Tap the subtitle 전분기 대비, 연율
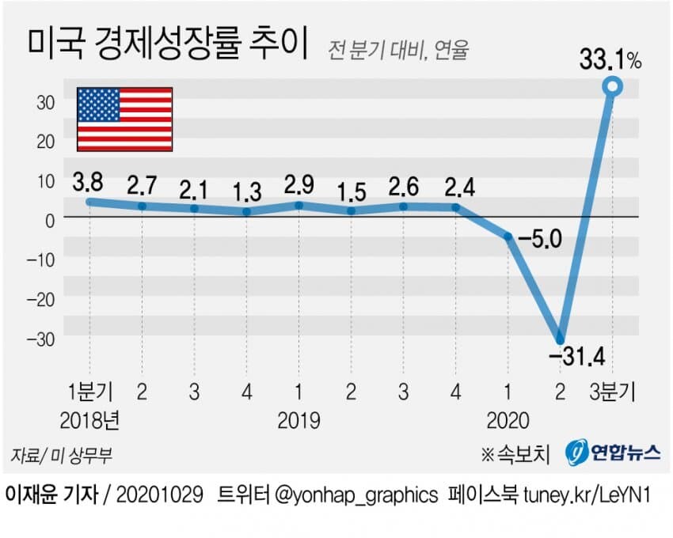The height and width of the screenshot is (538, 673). point(399,50)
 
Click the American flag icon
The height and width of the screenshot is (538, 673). point(124,119)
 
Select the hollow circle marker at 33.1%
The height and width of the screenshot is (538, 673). point(612,87)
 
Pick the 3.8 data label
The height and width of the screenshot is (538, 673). point(88,182)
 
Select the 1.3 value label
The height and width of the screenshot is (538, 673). point(247,192)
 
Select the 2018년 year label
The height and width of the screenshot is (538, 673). point(94,419)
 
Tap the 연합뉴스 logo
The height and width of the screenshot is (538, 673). point(612,453)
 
